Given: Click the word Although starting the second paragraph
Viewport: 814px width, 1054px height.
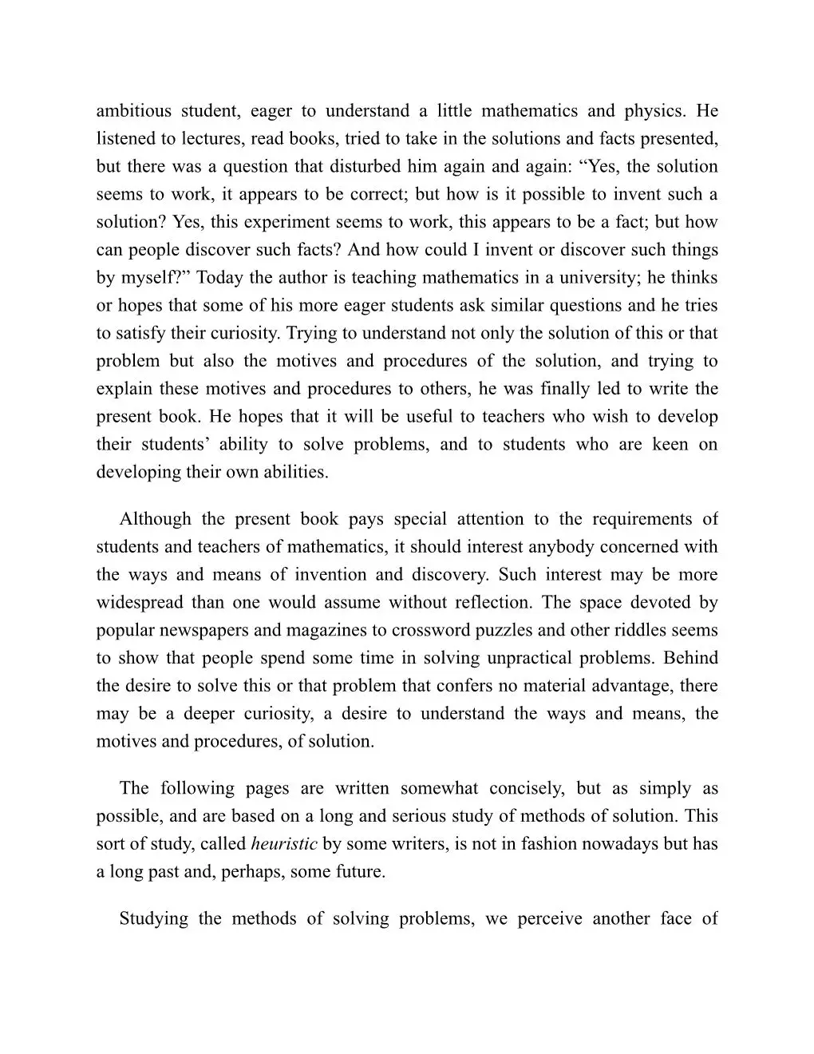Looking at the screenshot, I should tap(156, 519).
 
